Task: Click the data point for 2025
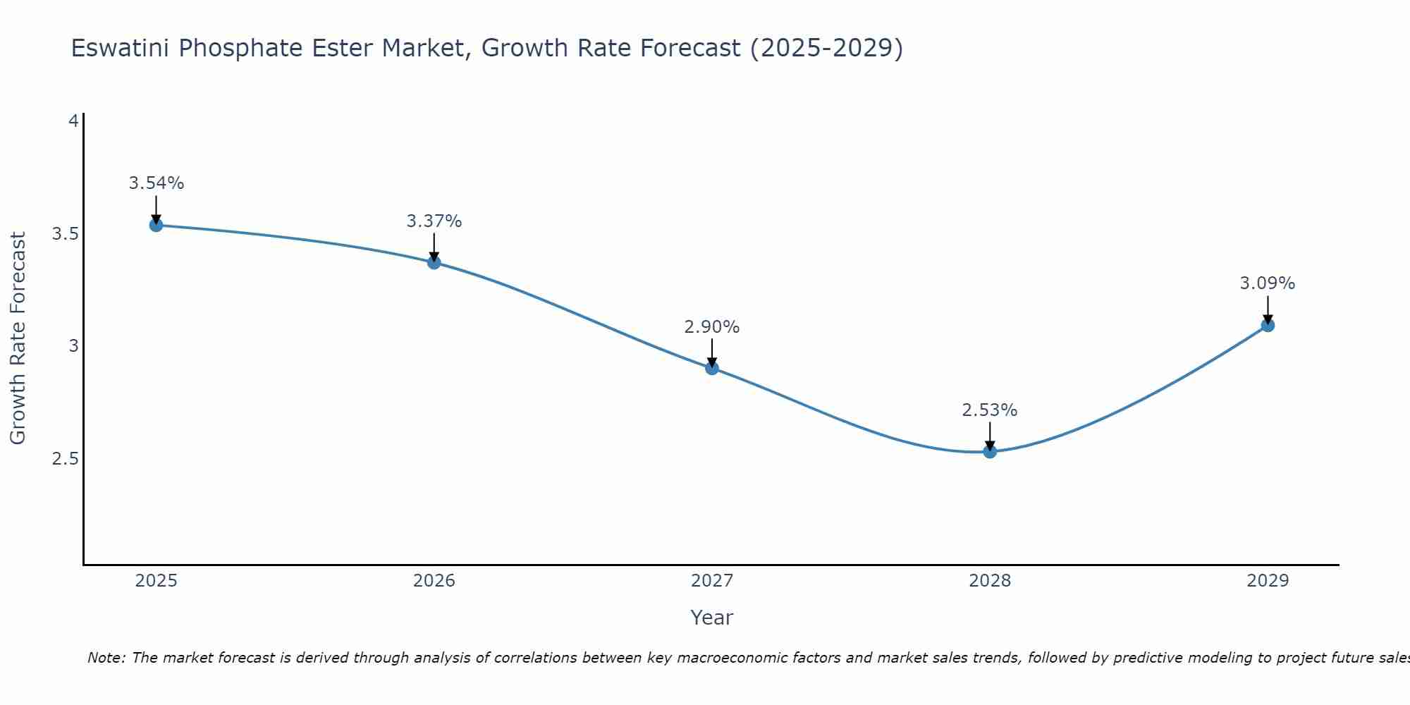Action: pos(156,225)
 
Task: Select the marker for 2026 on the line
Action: pos(434,262)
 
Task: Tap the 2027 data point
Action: pos(712,368)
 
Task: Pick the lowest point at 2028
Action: pos(990,451)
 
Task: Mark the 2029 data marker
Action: pos(1268,325)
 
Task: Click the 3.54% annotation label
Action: pos(156,183)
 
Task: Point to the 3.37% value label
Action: pos(434,221)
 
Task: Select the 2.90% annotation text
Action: pos(712,327)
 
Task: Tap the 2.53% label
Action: pos(990,410)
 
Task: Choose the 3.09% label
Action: pos(1268,283)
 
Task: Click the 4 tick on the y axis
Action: pos(73,121)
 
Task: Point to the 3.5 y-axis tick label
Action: pos(65,233)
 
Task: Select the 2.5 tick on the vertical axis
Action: pos(65,459)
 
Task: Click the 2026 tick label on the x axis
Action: pos(434,581)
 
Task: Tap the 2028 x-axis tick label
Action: pos(990,581)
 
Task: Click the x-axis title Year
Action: pos(712,618)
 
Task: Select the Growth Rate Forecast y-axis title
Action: pos(18,338)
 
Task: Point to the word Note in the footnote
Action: pos(106,658)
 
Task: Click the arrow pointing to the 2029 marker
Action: pos(1268,309)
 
